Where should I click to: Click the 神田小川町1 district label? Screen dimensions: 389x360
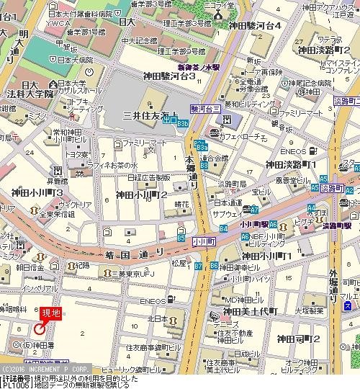[266, 256]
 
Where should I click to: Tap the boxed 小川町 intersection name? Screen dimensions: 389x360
[204, 241]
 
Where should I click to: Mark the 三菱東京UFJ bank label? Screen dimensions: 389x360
[135, 274]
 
